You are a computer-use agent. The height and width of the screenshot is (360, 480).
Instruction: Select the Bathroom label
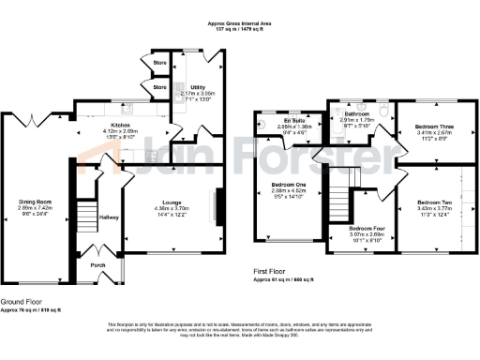coord(359,113)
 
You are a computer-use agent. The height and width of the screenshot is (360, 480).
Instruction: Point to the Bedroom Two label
coord(434,202)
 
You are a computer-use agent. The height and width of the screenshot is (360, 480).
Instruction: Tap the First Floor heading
coord(272,272)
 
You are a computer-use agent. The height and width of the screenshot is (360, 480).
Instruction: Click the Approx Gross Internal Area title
coord(239,25)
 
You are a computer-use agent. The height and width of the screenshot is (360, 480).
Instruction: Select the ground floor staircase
coord(85,215)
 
